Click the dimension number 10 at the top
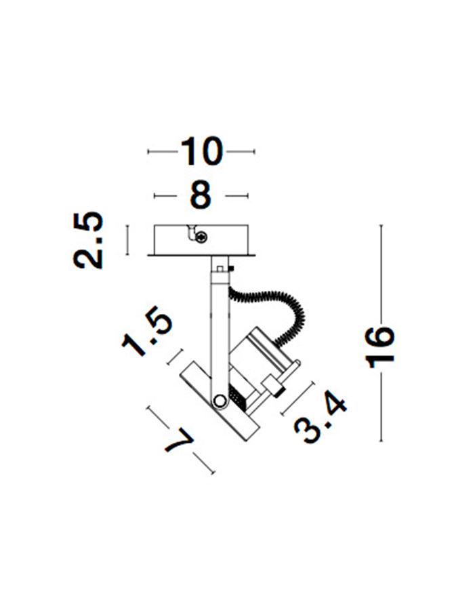[x=201, y=151]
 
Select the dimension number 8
[x=200, y=195]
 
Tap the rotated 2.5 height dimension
[x=88, y=240]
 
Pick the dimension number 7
[x=179, y=441]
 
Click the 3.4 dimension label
[x=320, y=420]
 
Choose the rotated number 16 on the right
[x=380, y=346]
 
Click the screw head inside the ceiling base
[x=201, y=238]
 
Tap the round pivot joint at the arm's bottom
[x=219, y=400]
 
